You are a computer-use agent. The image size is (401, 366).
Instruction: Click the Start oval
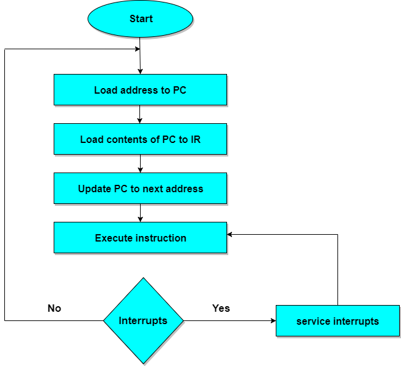click(140, 19)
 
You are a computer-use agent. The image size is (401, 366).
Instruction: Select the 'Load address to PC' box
click(140, 90)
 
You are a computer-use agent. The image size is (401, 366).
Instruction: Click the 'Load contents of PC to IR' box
click(140, 139)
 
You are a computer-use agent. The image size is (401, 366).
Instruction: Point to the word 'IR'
click(195, 139)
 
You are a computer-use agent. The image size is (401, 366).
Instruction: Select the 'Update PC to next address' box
click(140, 189)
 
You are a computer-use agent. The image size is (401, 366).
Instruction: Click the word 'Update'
click(94, 189)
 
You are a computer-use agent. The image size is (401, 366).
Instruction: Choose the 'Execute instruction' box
click(140, 238)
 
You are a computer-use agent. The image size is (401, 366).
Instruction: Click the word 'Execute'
click(113, 238)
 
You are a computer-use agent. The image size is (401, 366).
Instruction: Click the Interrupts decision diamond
click(143, 321)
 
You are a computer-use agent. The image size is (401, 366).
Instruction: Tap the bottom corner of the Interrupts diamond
click(143, 362)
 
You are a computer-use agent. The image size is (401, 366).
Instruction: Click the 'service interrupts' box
click(337, 321)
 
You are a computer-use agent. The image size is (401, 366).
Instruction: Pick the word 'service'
click(313, 321)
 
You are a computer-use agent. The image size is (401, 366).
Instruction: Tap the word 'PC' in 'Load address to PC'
click(180, 90)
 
